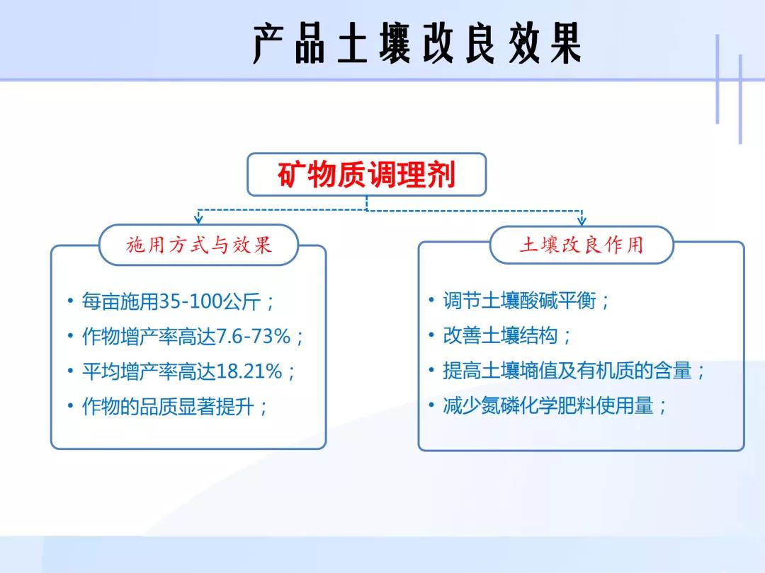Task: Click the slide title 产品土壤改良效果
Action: [x=417, y=43]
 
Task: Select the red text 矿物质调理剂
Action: [x=367, y=175]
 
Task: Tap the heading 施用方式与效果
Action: [x=198, y=245]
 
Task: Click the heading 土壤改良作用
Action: [x=582, y=245]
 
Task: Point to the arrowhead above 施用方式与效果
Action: [x=198, y=219]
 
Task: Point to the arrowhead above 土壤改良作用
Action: [x=582, y=220]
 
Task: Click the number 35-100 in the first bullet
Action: [x=191, y=301]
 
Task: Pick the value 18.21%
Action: [x=249, y=371]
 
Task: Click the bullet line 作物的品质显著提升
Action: [x=169, y=406]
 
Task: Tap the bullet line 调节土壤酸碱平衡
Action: [x=520, y=301]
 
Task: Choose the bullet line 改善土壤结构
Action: [x=501, y=336]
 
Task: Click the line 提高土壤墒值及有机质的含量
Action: [x=567, y=371]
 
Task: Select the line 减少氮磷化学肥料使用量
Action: [x=548, y=405]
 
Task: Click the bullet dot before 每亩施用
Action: [x=70, y=301]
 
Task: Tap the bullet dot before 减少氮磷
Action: [x=431, y=405]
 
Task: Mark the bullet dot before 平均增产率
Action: [x=70, y=371]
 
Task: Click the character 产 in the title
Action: [x=268, y=43]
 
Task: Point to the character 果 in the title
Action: [x=567, y=43]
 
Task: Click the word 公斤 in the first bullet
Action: [x=242, y=301]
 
